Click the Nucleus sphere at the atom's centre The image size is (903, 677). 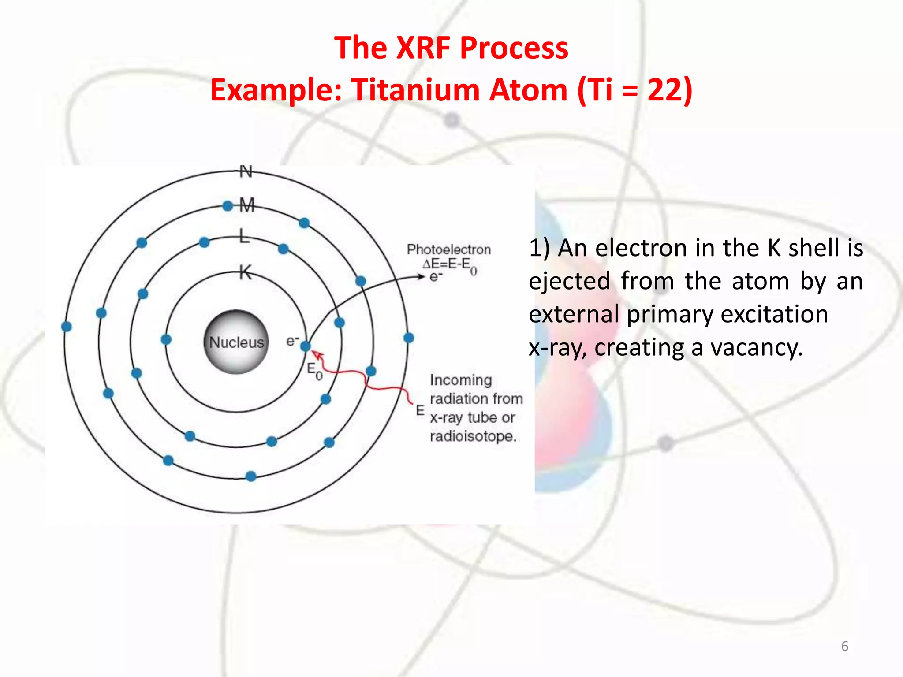[x=236, y=342]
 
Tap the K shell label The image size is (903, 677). [x=246, y=272]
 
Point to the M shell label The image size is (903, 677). [x=247, y=205]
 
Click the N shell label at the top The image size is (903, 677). [x=246, y=171]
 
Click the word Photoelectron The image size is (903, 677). [x=448, y=249]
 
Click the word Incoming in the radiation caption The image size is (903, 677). [x=461, y=380]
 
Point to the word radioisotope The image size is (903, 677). [x=473, y=436]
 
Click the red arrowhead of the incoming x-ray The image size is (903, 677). [x=317, y=354]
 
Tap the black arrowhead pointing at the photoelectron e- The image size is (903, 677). [x=421, y=276]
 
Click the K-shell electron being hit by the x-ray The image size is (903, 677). [x=306, y=346]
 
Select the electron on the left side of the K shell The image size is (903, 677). [x=166, y=339]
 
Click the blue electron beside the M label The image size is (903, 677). [x=228, y=206]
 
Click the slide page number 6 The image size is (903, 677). [x=844, y=646]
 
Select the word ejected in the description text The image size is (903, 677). [x=569, y=281]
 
